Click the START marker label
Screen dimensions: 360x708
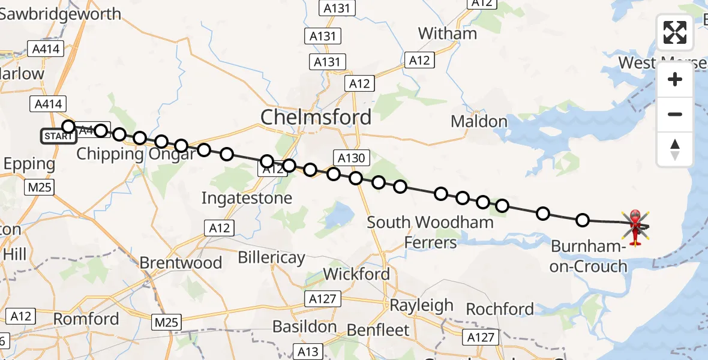pos(59,136)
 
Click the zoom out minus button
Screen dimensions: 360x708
pos(675,114)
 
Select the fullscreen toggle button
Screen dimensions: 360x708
pos(675,32)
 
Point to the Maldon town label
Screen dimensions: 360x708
pos(479,122)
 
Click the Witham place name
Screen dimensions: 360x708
pos(447,33)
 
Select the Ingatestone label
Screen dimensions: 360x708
pos(247,198)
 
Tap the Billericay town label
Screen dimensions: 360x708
pos(271,258)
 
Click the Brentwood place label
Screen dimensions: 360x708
pos(181,263)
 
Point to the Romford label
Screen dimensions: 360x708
pos(86,319)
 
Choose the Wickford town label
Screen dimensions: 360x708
pos(356,274)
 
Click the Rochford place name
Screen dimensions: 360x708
pos(500,309)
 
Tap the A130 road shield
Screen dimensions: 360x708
pos(351,158)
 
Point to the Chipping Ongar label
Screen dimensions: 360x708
pos(136,154)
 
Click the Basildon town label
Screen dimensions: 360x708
pos(304,326)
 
